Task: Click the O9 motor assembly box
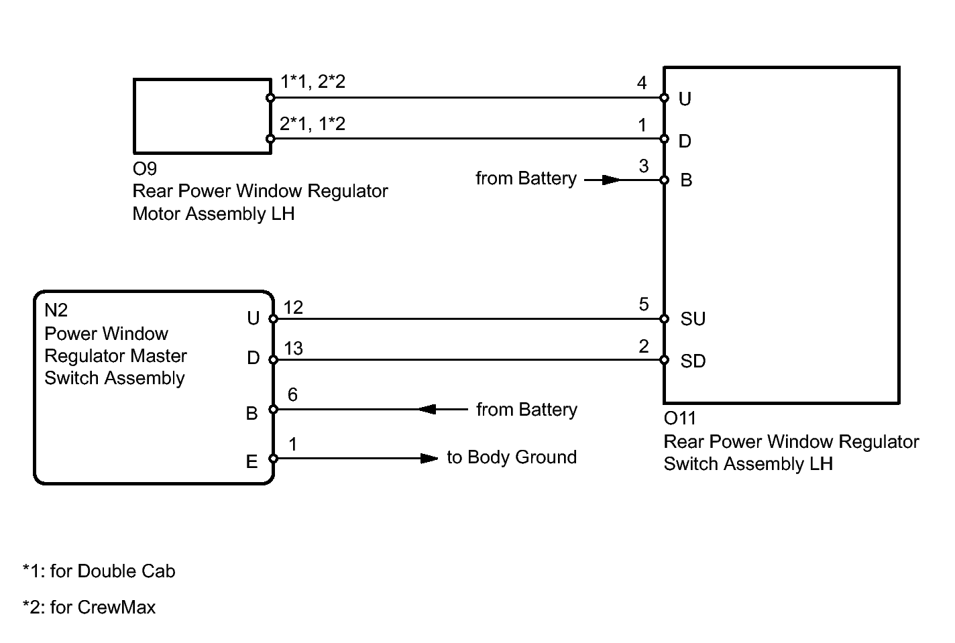pos(202,116)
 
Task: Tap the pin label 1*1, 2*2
pos(313,82)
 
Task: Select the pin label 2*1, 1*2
pos(313,123)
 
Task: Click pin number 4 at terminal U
pos(642,83)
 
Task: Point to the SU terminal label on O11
pos(693,319)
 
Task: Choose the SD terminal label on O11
pos(693,361)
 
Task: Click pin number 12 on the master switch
pos(293,308)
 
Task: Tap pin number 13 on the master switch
pos(293,349)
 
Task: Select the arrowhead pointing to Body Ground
pos(429,459)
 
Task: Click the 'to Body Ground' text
pos(512,457)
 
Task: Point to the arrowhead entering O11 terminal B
pos(611,180)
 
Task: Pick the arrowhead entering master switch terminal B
pos(427,409)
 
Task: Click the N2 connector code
pos(56,310)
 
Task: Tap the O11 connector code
pos(680,418)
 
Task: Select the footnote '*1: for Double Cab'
pos(99,571)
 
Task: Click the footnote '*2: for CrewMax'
pos(89,607)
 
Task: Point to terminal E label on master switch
pos(252,461)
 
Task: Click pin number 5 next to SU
pos(644,305)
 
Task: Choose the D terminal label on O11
pos(685,141)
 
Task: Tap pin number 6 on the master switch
pos(292,395)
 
